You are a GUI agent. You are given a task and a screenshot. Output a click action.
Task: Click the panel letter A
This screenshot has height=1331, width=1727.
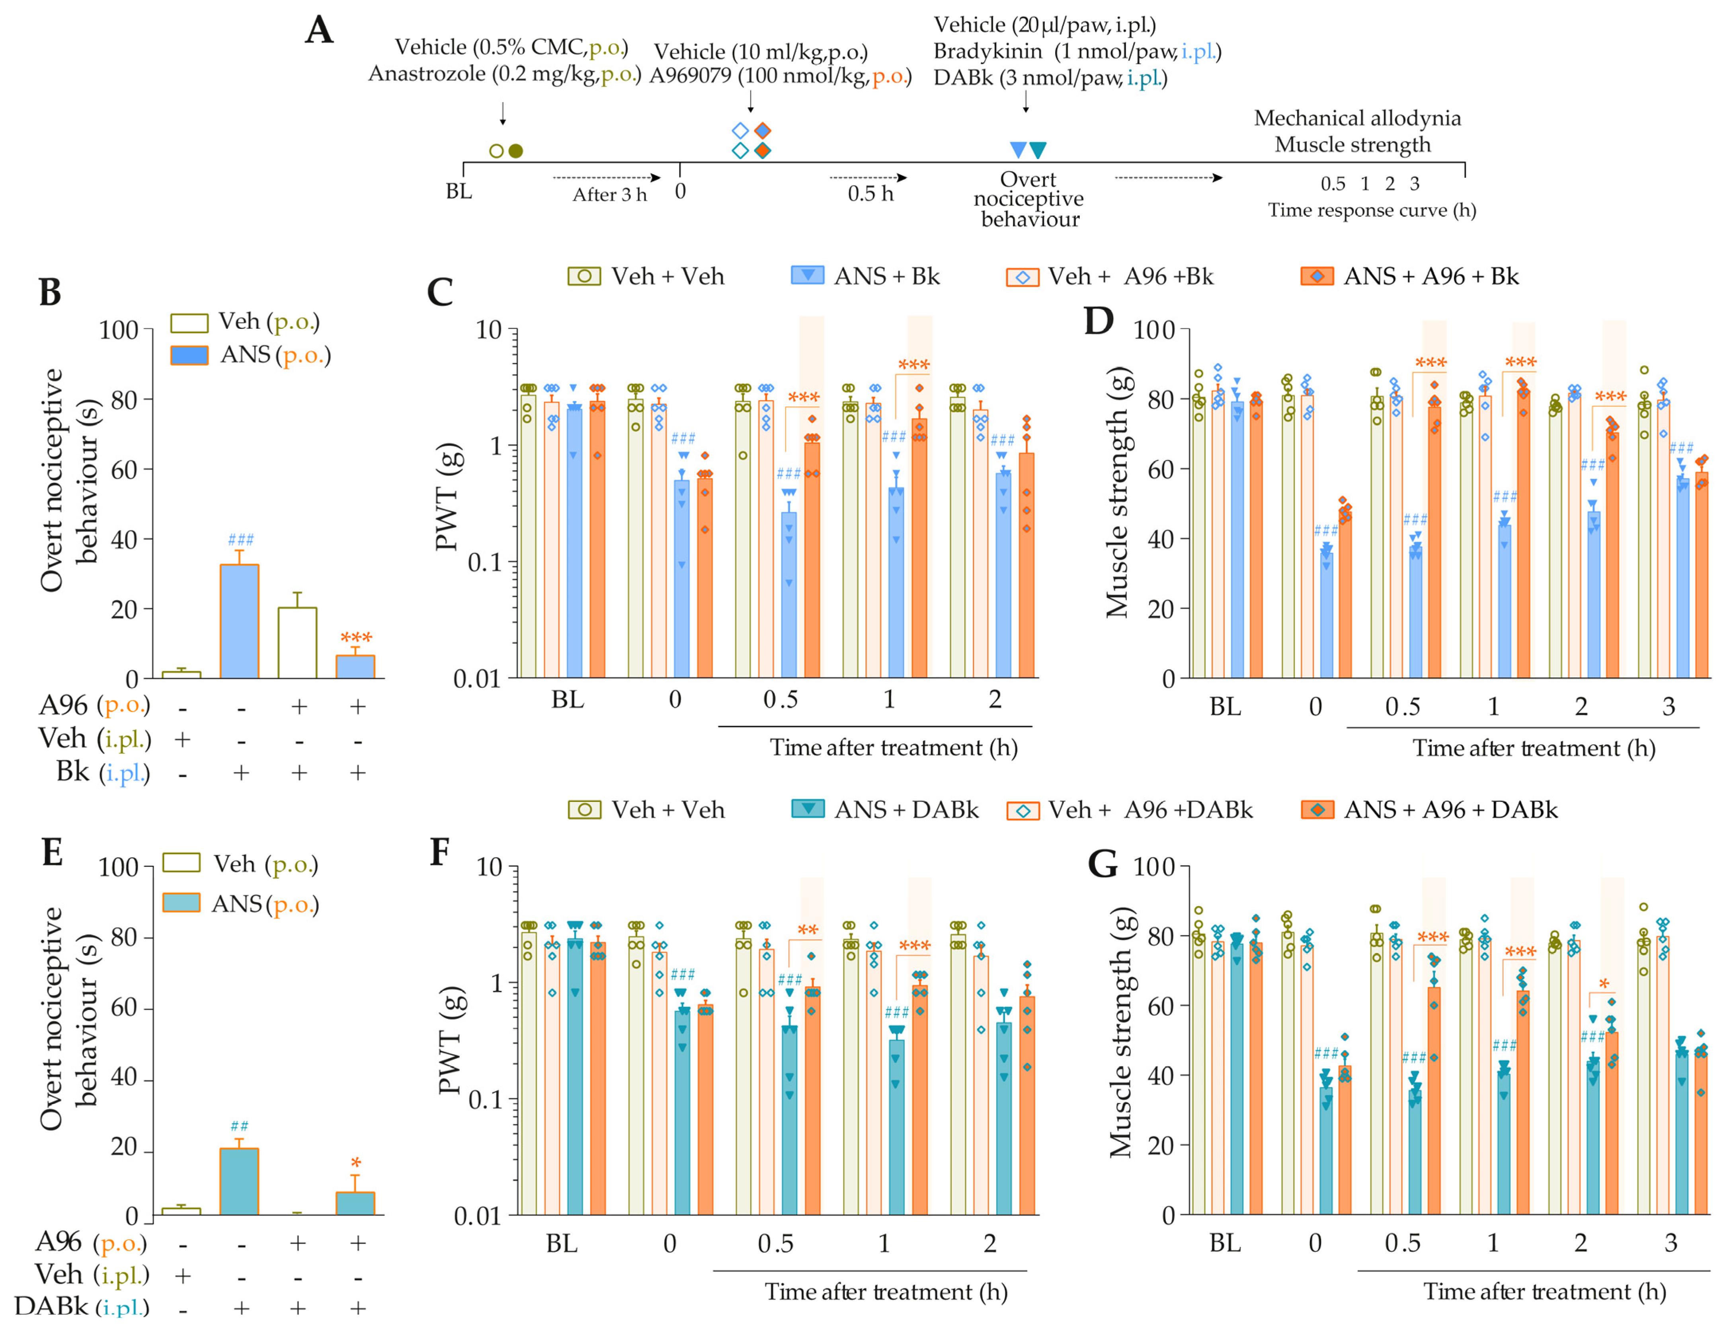[x=320, y=30]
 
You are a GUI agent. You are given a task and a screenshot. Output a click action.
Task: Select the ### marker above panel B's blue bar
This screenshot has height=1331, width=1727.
[x=240, y=540]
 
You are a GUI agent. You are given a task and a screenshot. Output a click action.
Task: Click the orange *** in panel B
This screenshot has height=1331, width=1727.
[x=356, y=637]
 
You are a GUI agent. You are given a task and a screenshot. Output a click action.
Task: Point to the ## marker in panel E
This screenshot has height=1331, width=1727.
[x=239, y=1125]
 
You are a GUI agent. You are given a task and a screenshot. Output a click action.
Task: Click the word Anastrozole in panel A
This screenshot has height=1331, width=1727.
[x=427, y=74]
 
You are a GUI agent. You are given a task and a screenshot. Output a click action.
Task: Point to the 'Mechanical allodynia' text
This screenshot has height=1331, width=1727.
[x=1357, y=119]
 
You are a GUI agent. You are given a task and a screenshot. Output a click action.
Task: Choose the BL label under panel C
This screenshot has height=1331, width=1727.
[x=568, y=699]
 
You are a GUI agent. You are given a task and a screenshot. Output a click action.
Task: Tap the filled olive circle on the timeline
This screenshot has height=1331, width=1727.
[x=515, y=151]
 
